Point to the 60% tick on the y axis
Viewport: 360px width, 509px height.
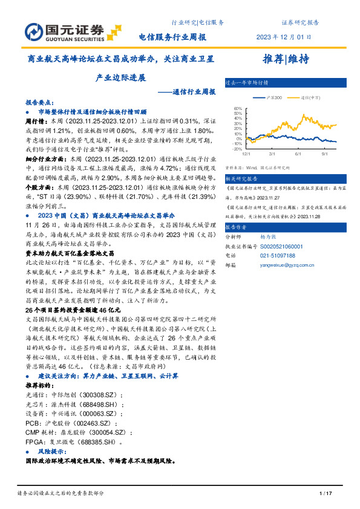238,109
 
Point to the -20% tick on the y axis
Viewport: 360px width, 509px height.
237,149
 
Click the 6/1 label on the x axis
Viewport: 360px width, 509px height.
298,154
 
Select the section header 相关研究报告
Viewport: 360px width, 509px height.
241,179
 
